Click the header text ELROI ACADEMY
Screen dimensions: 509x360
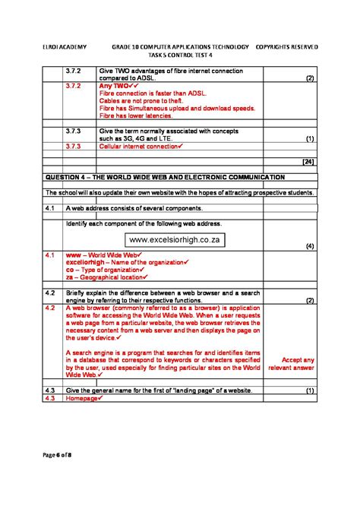(x=65, y=46)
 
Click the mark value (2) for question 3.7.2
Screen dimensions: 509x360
(x=309, y=78)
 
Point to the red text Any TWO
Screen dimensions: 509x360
(x=116, y=87)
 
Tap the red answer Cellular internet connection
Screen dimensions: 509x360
(x=138, y=147)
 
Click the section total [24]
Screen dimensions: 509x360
(x=308, y=162)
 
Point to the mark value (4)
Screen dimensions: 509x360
(x=309, y=246)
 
